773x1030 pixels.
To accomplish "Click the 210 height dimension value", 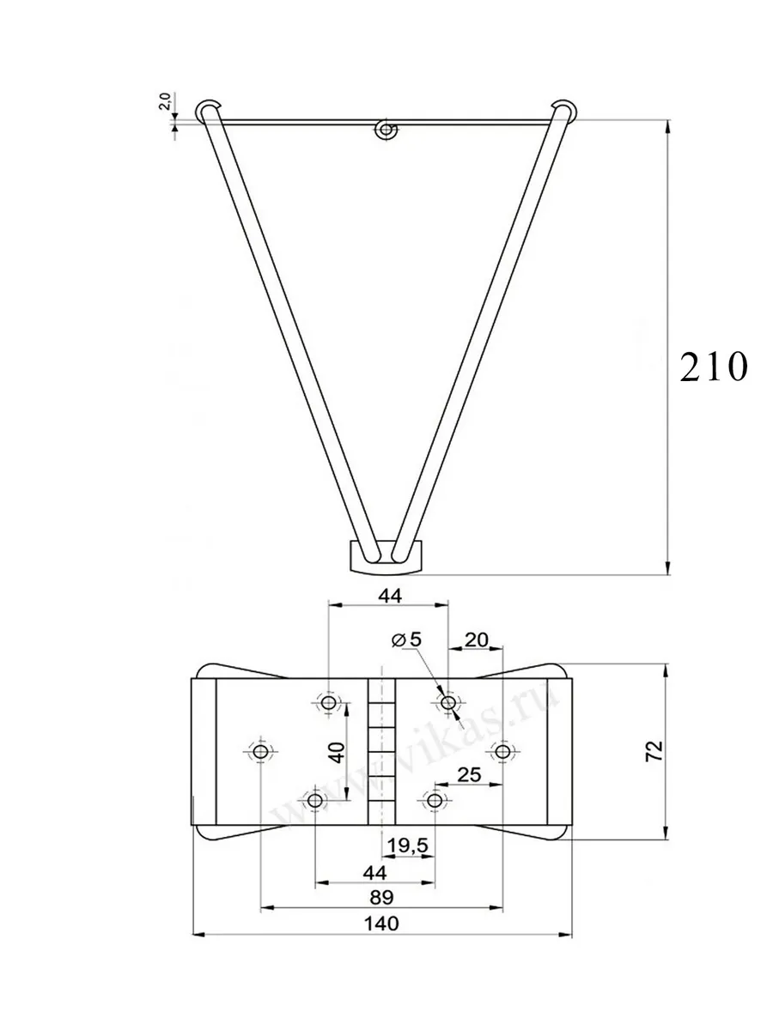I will pos(714,368).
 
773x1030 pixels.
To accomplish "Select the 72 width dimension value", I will pos(654,751).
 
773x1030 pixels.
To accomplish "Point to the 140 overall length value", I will pos(381,924).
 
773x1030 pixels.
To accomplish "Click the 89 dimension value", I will pos(380,897).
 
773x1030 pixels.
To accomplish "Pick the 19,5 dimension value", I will pos(408,845).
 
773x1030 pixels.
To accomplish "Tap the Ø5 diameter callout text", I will pos(406,639).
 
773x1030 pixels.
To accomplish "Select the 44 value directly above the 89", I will pos(374,871).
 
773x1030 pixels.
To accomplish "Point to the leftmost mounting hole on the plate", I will pos(260,752).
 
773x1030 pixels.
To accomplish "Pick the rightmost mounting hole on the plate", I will pos(502,752).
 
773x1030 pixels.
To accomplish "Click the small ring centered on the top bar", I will pos(386,130).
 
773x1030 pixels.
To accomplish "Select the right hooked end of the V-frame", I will pos(563,109).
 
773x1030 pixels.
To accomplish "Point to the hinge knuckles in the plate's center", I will pos(380,751).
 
